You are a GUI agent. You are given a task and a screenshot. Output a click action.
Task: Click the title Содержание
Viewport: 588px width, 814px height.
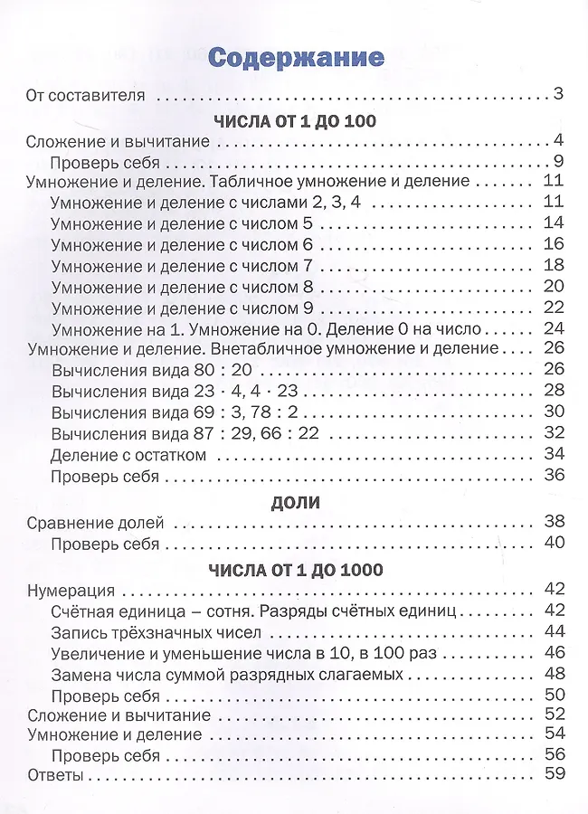(296, 58)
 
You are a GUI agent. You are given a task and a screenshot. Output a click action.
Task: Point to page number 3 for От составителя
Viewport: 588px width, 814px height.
(558, 93)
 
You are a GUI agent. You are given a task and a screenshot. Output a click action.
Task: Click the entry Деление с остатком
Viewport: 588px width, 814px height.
(129, 454)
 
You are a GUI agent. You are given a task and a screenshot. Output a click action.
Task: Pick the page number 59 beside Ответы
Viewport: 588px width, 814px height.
(554, 775)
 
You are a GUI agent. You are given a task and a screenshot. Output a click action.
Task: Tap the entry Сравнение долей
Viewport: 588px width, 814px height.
(96, 522)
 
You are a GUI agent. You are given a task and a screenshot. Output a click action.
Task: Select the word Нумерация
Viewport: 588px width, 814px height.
(71, 591)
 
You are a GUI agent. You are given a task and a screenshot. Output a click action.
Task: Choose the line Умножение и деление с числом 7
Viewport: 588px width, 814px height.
(182, 265)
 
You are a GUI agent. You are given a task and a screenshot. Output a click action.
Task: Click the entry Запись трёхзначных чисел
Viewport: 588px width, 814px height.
(156, 631)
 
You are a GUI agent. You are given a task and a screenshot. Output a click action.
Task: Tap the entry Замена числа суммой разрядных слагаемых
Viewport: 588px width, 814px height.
(227, 674)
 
